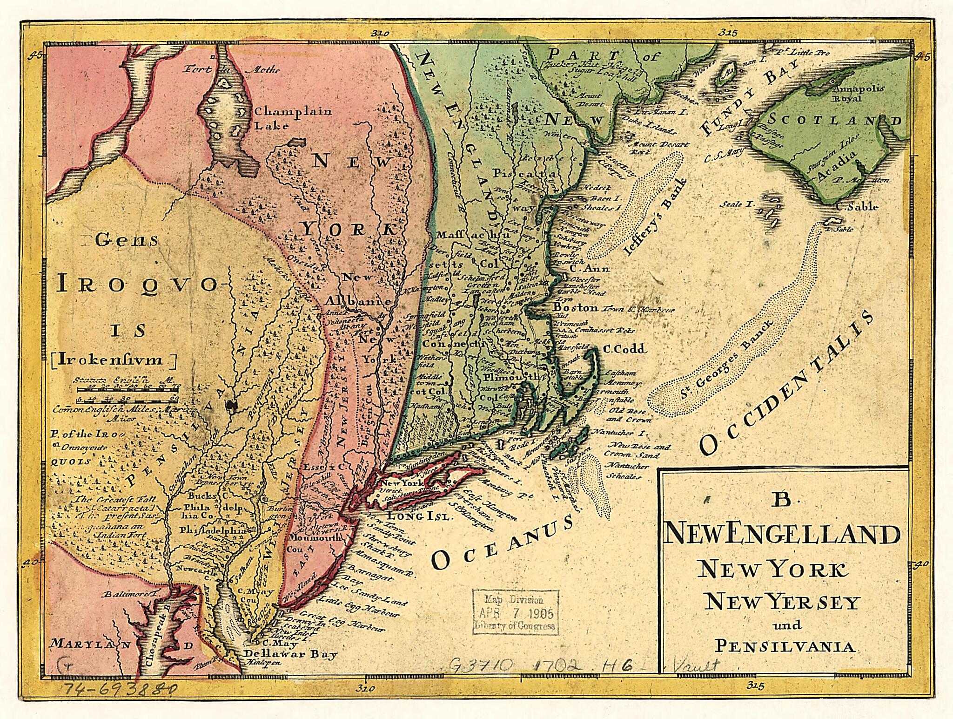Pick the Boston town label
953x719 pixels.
tap(575, 308)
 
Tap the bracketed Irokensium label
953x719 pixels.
tap(113, 359)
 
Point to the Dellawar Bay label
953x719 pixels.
tap(290, 654)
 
